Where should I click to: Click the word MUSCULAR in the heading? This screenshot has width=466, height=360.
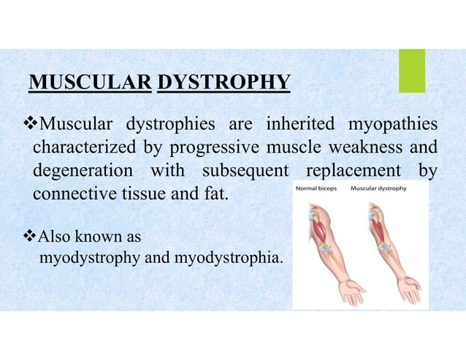[90, 85]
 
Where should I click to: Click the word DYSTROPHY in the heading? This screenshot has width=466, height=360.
[224, 85]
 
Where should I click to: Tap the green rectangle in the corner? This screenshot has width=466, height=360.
[412, 71]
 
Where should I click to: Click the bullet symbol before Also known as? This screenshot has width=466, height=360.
[27, 237]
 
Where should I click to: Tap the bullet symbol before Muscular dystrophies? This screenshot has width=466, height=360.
[27, 121]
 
